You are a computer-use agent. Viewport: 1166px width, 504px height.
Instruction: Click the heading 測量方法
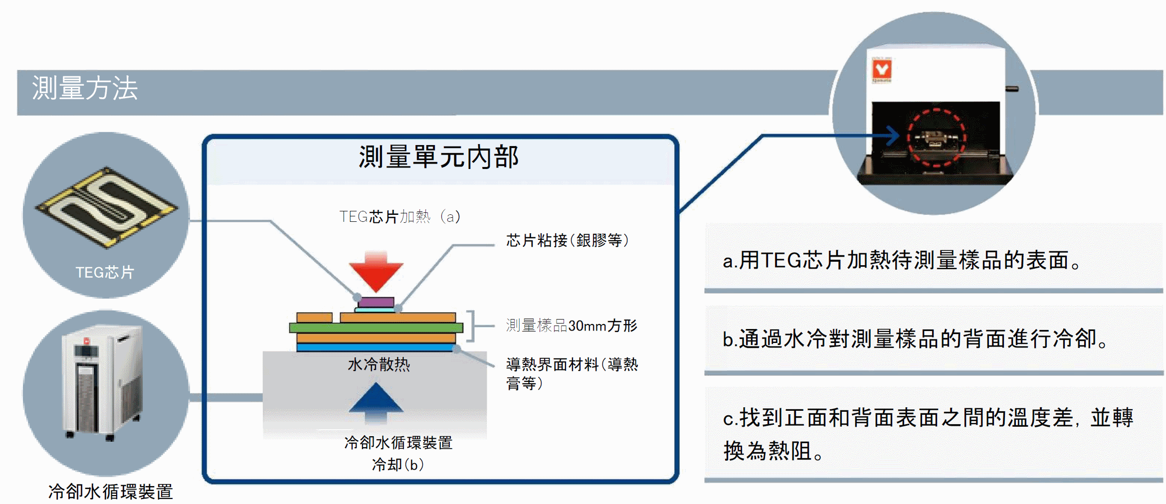(x=85, y=88)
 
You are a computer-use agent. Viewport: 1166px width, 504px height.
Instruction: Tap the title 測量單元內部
(x=439, y=157)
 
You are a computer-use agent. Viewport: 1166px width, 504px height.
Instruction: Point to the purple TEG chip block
(x=376, y=302)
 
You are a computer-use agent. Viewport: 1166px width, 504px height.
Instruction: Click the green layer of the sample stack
(x=376, y=328)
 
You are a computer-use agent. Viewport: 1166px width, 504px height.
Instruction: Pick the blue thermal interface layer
(x=376, y=347)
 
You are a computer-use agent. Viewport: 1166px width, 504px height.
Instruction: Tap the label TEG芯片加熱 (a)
(x=400, y=216)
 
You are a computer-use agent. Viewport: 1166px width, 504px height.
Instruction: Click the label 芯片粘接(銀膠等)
(x=568, y=240)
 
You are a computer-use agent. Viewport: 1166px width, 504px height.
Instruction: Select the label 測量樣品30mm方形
(x=572, y=326)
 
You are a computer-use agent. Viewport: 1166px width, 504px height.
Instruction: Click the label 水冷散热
(x=379, y=364)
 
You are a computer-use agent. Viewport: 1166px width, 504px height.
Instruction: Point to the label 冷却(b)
(x=398, y=465)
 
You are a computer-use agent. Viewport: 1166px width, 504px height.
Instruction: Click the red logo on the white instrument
(x=881, y=70)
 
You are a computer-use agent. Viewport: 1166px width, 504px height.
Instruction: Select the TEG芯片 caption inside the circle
(x=105, y=272)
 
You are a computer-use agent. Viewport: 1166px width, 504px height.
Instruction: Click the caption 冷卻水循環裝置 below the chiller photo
(x=111, y=492)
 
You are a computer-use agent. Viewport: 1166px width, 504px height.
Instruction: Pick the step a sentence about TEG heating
(x=902, y=260)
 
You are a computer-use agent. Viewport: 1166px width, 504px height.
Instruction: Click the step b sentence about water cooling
(x=915, y=339)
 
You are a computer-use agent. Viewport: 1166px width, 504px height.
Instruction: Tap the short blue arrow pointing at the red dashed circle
(x=885, y=135)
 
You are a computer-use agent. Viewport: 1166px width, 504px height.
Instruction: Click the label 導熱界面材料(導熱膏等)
(x=572, y=373)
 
